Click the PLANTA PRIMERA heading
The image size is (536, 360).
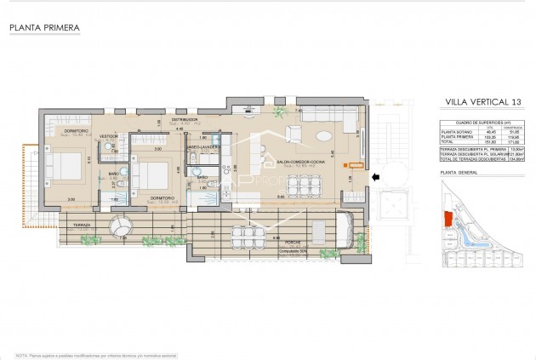pos(44,28)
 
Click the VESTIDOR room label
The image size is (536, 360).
pos(108,136)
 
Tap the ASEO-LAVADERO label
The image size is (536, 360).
pos(204,146)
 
